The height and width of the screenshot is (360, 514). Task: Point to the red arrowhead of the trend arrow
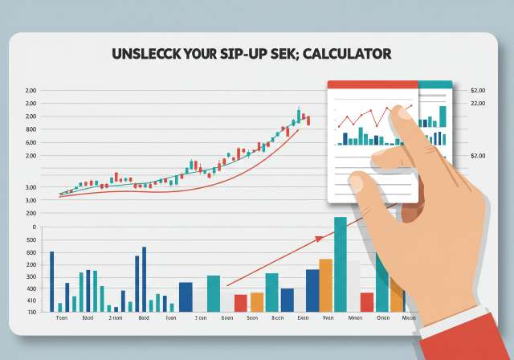tap(319, 239)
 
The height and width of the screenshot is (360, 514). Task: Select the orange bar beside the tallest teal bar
tap(325, 284)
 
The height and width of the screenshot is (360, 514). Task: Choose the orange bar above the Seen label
tap(257, 301)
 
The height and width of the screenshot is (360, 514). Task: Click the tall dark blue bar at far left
tap(51, 280)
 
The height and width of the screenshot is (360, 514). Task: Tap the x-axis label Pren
tap(327, 318)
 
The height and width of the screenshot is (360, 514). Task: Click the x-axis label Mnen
tap(354, 318)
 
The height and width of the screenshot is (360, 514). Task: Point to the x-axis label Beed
tap(144, 318)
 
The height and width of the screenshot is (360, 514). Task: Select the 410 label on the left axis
tap(31, 301)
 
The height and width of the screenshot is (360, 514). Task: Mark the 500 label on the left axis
tap(31, 239)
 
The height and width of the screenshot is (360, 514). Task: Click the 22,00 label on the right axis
tap(478, 104)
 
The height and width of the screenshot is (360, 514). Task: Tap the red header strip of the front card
tap(372, 84)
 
